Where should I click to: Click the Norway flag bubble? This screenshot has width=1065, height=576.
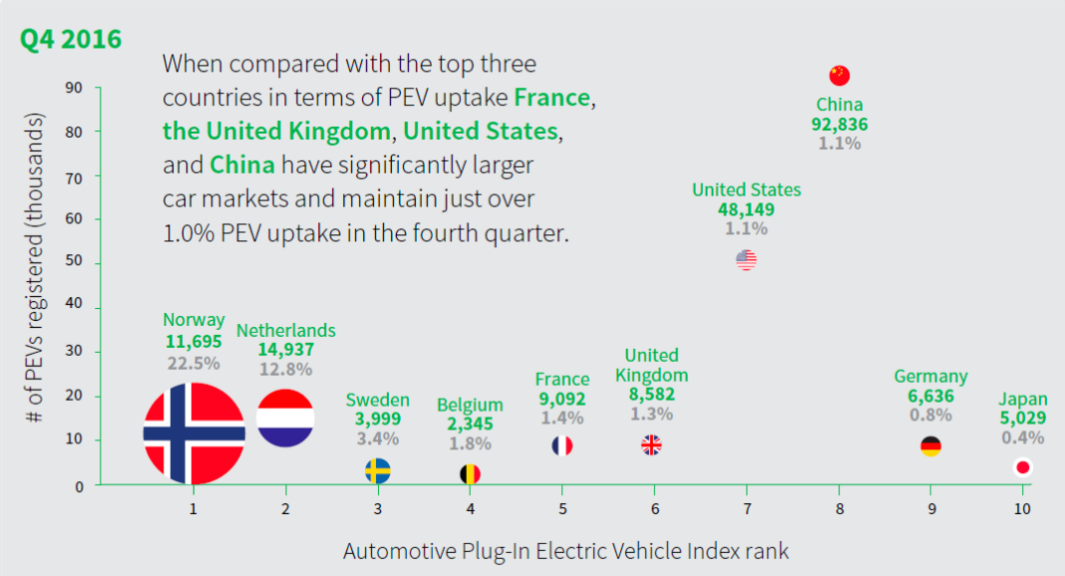(193, 432)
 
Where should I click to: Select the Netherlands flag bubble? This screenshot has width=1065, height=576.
(286, 418)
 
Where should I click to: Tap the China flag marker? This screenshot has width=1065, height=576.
(839, 76)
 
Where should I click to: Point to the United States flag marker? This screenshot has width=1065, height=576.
(746, 260)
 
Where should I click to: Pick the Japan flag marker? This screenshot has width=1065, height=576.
(1022, 467)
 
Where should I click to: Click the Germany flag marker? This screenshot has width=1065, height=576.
(930, 446)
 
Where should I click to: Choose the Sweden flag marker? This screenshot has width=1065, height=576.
(378, 470)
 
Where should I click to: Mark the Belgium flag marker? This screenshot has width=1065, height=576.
(470, 474)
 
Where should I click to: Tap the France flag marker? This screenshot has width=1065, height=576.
(562, 445)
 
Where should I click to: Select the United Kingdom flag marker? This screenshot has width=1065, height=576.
(651, 445)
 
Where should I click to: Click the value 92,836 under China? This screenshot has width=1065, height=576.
(840, 125)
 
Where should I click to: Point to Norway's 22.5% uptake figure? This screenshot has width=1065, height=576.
(192, 362)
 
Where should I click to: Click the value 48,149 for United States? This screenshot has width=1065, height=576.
(746, 209)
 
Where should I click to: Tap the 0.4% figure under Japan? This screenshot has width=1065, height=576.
(1022, 437)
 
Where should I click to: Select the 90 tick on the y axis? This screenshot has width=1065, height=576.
(75, 88)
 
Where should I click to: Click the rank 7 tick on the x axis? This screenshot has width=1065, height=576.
(746, 509)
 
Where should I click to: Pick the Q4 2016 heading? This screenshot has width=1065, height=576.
(71, 39)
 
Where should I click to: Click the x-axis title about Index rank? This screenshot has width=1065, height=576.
(566, 550)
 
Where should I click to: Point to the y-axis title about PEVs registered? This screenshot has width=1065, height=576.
(38, 274)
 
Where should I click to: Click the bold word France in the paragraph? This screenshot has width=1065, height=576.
(553, 98)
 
